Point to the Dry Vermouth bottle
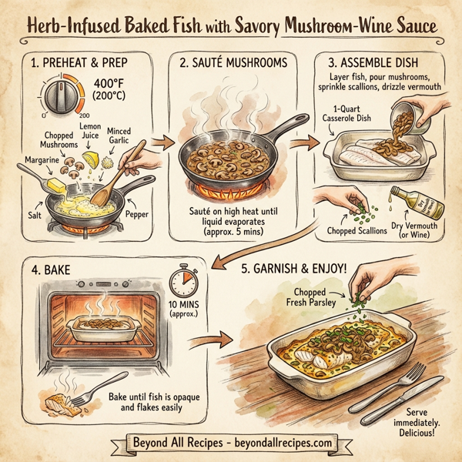pyautogui.click(x=406, y=207)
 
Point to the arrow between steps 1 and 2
pyautogui.click(x=162, y=142)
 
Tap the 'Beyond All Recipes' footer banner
pyautogui.click(x=230, y=444)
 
